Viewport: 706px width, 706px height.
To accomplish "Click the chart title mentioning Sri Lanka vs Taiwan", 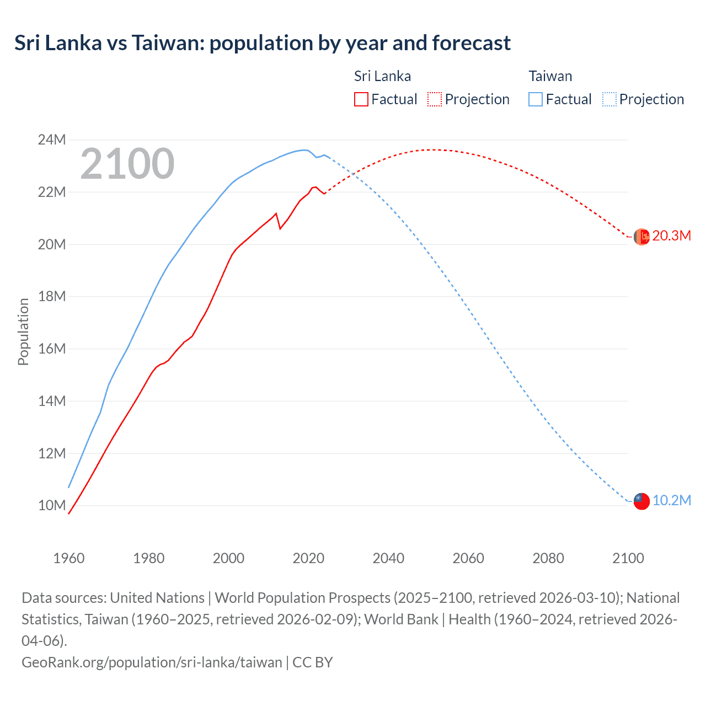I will [x=263, y=43].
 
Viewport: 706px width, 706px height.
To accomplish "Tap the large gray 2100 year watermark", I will [x=127, y=164].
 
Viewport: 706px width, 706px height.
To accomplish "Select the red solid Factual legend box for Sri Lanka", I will [x=361, y=99].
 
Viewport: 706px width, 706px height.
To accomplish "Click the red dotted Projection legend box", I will [x=435, y=99].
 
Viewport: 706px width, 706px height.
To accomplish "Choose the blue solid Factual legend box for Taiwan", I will [x=535, y=99].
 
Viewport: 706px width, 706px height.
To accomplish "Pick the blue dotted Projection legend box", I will [x=609, y=99].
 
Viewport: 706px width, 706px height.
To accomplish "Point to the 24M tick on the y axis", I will [x=52, y=140].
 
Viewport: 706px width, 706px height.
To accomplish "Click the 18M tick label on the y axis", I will [x=52, y=297].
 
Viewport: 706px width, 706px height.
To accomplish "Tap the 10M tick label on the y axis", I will [x=52, y=506].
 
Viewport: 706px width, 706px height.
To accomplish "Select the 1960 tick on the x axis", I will [x=69, y=558].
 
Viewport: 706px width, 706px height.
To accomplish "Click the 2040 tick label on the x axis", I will [x=388, y=558].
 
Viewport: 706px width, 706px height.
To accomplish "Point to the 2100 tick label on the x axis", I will [x=628, y=558].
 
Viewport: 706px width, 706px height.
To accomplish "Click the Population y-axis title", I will [x=23, y=331].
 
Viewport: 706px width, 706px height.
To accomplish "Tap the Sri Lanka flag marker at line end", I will [x=641, y=237].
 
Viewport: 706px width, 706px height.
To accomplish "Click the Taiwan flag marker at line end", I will [x=641, y=501].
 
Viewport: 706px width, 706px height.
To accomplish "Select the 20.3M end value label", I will [x=671, y=236].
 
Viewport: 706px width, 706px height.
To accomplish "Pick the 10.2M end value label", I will [x=671, y=500].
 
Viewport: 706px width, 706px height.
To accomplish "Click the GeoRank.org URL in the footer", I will [x=152, y=662].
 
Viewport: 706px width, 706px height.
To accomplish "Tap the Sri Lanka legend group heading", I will [x=382, y=76].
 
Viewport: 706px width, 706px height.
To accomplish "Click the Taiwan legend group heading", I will [x=550, y=76].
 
